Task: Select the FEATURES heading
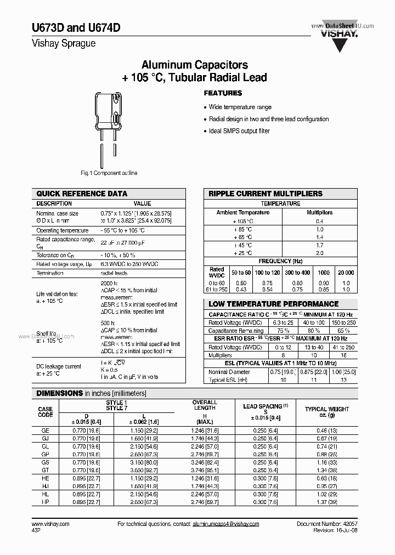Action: [223, 93]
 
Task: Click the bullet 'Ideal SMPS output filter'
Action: [239, 132]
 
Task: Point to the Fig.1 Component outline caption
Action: [109, 173]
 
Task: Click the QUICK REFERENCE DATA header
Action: [82, 194]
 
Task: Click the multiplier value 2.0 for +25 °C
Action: [319, 253]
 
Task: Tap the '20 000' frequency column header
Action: [346, 272]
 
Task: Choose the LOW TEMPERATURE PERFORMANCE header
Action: [273, 304]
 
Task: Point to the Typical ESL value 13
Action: [344, 380]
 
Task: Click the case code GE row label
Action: [46, 431]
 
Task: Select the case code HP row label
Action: [46, 502]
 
